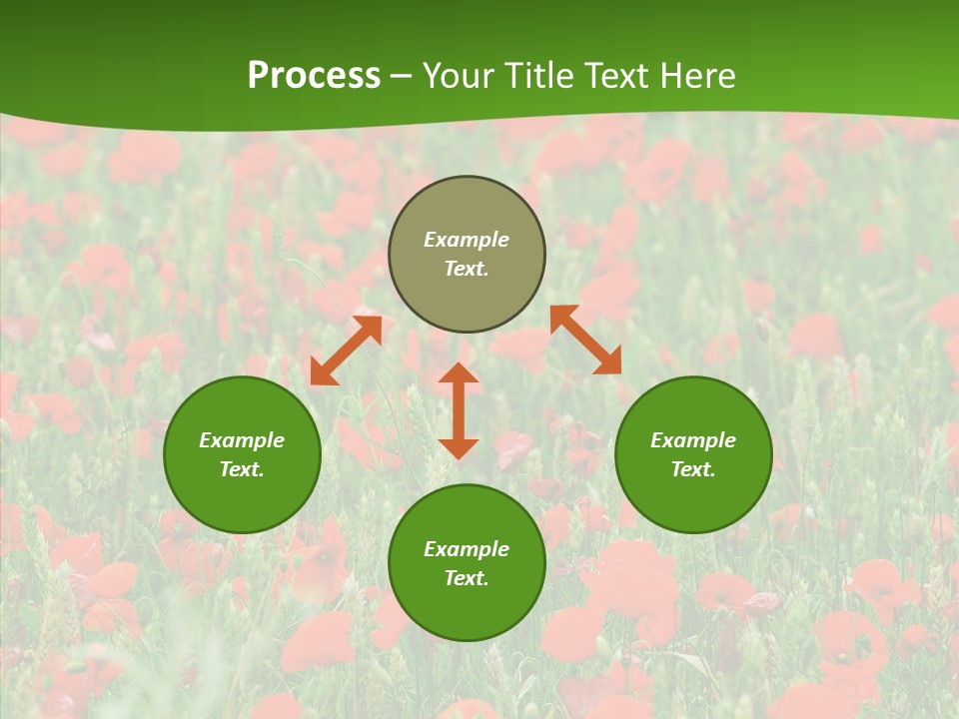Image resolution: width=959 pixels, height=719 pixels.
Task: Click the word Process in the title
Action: point(314,76)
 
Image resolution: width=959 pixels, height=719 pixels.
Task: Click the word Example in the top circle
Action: point(467,240)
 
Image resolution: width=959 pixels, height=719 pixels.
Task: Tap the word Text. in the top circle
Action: point(467,269)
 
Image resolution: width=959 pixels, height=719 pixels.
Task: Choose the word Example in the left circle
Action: point(242,440)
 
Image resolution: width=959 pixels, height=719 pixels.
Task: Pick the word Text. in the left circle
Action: point(242,469)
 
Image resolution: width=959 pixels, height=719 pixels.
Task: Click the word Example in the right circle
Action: point(693,440)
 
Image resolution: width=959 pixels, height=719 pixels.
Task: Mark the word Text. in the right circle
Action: point(693,469)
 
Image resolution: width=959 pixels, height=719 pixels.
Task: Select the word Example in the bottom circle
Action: point(467,549)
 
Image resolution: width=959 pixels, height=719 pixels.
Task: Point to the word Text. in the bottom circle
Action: point(467,578)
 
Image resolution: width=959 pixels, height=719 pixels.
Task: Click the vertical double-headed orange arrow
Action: point(459,410)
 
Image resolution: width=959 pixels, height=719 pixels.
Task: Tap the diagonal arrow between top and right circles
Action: point(585,340)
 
